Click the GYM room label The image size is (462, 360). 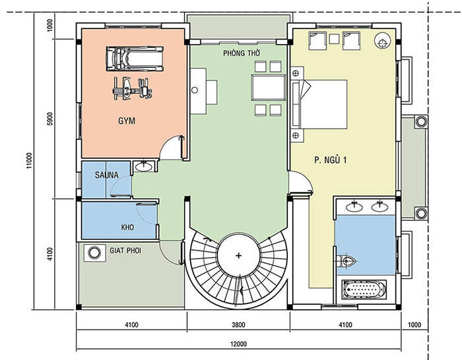(127, 121)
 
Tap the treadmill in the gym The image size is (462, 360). (135, 59)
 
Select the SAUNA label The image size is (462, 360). (107, 175)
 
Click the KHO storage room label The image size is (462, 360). (127, 227)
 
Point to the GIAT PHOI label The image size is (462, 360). (125, 251)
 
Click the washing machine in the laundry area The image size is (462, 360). (94, 253)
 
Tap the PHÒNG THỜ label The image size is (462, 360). (242, 53)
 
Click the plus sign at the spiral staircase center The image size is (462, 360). (239, 256)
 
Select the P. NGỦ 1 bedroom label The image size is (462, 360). (330, 160)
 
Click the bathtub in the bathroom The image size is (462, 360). (364, 289)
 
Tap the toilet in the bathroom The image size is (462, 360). (346, 260)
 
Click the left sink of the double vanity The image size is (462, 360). (354, 206)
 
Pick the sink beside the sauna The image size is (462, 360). (143, 166)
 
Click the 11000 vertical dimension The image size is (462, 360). (29, 160)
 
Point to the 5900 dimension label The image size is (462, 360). (49, 119)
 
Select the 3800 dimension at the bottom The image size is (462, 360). (238, 325)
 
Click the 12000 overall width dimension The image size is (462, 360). (238, 344)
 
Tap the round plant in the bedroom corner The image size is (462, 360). (382, 41)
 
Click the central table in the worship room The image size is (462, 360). (269, 88)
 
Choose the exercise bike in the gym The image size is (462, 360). (132, 89)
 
